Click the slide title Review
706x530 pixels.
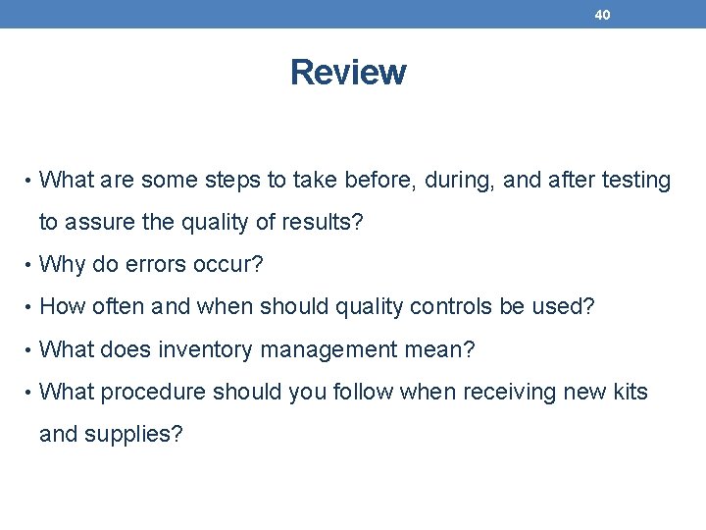point(348,73)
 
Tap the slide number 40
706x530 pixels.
point(602,15)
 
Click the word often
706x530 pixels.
point(120,307)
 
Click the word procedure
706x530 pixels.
point(153,392)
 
